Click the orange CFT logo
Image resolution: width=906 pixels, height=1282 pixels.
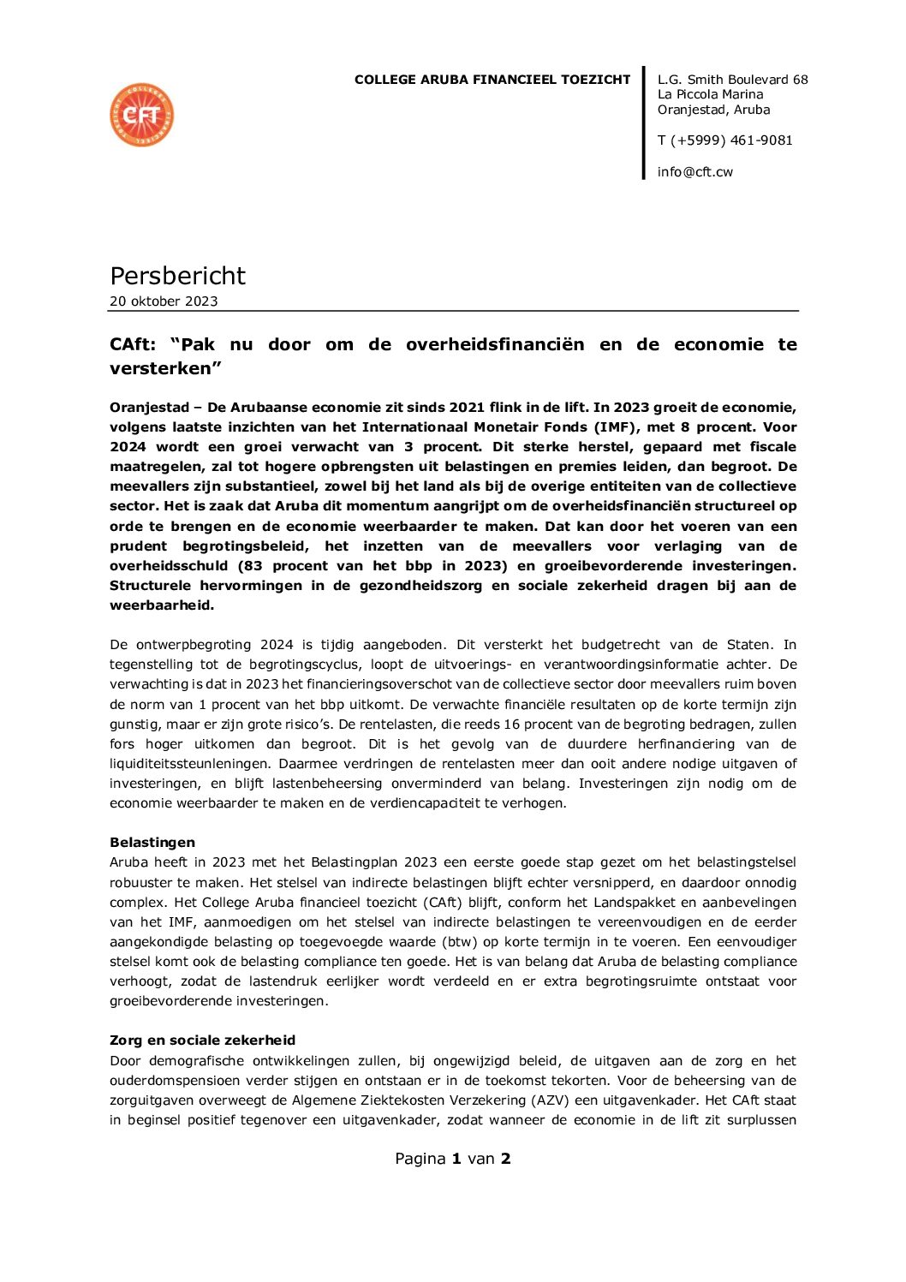pos(142,115)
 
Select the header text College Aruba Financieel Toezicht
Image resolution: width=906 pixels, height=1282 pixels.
pos(492,80)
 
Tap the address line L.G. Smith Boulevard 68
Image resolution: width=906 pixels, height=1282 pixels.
pos(732,80)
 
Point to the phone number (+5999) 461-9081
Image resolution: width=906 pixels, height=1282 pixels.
pos(731,140)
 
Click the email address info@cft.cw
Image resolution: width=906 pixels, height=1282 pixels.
pos(694,172)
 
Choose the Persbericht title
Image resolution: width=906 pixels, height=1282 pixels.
pos(177,276)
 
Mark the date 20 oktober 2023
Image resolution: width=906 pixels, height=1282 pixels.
pos(164,301)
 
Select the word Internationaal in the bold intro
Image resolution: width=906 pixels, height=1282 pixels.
pos(413,427)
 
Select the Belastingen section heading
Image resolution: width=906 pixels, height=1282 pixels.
pos(152,843)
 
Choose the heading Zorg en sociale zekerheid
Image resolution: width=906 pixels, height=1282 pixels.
pos(202,1041)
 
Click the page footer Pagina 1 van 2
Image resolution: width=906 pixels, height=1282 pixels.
pos(452,1159)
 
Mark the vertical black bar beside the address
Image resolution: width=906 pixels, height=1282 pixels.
pos(644,124)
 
